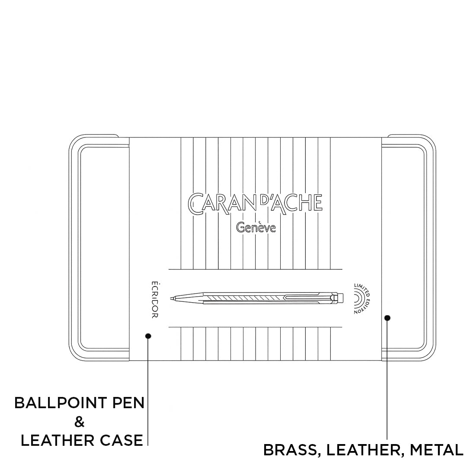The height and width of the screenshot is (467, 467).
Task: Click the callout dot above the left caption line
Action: click(x=148, y=336)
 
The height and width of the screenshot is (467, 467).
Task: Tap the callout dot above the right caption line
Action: click(x=387, y=318)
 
